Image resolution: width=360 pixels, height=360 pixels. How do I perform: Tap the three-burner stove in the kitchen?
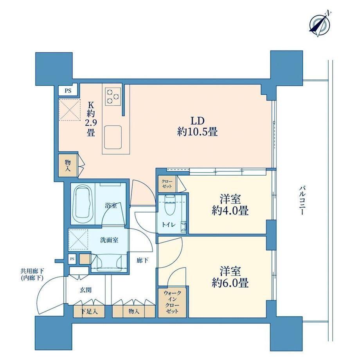pos(113,96)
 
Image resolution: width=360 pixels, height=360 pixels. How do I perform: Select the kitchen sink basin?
pos(113,137)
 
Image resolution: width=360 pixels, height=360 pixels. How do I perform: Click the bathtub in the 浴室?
pos(83,203)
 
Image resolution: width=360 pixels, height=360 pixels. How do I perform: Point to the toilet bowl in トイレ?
pos(170,205)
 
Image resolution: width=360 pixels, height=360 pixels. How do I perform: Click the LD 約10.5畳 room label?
pos(197,126)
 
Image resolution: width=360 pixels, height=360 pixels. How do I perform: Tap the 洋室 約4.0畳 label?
pos(230,205)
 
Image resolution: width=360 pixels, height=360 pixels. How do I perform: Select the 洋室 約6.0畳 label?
pos(230,277)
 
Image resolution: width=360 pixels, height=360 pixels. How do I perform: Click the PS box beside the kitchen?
pos(68,90)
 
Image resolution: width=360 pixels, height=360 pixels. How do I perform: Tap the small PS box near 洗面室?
pos(72,259)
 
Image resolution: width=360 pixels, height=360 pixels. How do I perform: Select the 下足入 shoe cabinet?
pos(89,311)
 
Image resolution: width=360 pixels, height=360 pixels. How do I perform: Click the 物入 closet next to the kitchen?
pos(68,166)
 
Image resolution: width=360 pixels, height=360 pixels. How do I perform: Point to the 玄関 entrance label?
pos(86,290)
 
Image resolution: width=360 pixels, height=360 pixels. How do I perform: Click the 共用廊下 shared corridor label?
pos(32,274)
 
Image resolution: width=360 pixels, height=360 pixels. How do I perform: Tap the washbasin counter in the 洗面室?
pos(109,263)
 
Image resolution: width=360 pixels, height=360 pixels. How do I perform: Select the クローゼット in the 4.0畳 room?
pos(167,184)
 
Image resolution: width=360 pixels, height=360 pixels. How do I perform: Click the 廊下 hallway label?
pos(142,260)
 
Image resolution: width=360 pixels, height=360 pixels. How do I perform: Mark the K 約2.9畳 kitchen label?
pos(91,119)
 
